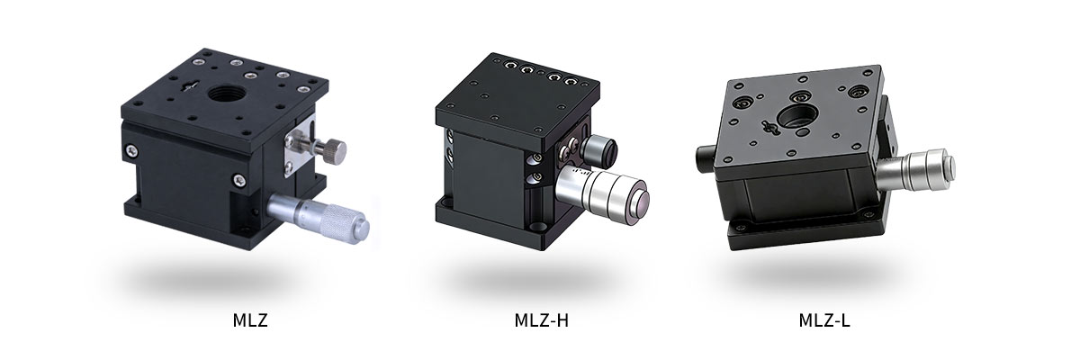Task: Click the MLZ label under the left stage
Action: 247,320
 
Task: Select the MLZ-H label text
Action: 540,320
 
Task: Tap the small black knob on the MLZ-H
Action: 597,148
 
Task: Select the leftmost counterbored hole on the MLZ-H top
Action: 511,66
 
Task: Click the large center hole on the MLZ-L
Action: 798,114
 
